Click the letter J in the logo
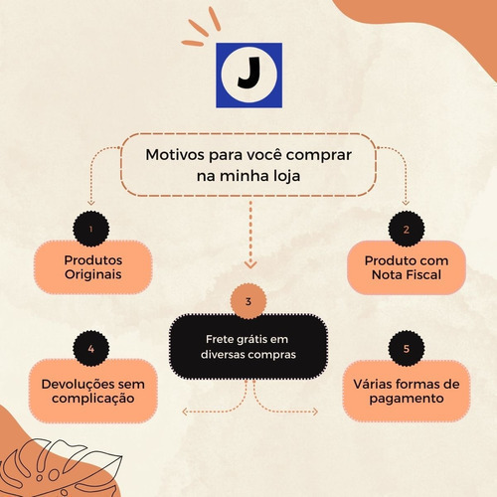point(249,73)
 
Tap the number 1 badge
point(91,229)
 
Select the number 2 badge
point(407,229)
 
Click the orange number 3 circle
point(248,301)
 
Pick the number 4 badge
point(91,349)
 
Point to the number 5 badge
point(407,349)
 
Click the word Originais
point(93,274)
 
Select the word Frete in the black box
point(219,339)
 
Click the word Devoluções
point(78,385)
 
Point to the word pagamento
point(407,399)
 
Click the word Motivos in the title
point(175,155)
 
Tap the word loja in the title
point(287,176)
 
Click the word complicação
point(93,399)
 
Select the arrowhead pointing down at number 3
point(250,264)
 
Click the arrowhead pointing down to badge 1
point(91,202)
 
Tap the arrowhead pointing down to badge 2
point(406,202)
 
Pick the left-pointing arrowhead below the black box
point(186,412)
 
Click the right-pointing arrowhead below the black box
point(314,412)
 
